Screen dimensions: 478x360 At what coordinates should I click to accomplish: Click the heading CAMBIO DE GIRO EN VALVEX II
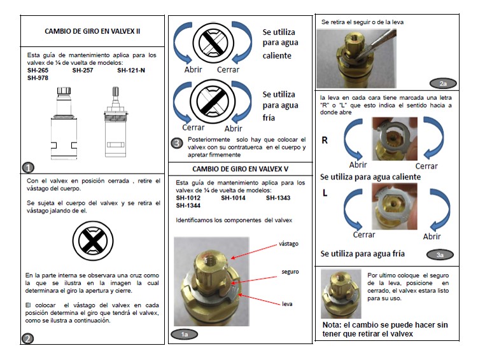[92, 31]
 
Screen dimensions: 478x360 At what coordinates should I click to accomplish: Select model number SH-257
[83, 71]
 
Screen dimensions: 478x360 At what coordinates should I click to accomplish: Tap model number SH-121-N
[131, 71]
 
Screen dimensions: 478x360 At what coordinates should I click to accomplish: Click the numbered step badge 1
[28, 167]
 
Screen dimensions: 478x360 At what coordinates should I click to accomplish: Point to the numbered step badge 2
[27, 338]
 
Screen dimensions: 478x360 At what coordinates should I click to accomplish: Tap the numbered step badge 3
[177, 143]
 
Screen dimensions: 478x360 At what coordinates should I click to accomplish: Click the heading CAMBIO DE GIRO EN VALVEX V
[240, 169]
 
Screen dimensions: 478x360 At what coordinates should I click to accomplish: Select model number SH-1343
[278, 198]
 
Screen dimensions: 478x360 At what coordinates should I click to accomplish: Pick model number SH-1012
[188, 198]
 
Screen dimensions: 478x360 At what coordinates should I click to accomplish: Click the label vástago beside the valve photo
[288, 244]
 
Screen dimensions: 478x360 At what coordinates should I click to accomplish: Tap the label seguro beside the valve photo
[290, 272]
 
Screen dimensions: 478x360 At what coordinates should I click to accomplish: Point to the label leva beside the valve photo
[287, 304]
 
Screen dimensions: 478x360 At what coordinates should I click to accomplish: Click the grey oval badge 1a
[185, 335]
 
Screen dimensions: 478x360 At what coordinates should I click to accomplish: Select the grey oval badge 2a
[443, 83]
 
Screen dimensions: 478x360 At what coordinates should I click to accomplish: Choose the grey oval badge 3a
[440, 255]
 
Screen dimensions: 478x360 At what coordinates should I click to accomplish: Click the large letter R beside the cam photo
[325, 141]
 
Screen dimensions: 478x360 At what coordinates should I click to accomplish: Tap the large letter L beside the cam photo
[325, 193]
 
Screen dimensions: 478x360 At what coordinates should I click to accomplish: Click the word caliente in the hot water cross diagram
[277, 56]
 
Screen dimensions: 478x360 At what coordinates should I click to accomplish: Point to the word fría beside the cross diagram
[269, 118]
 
